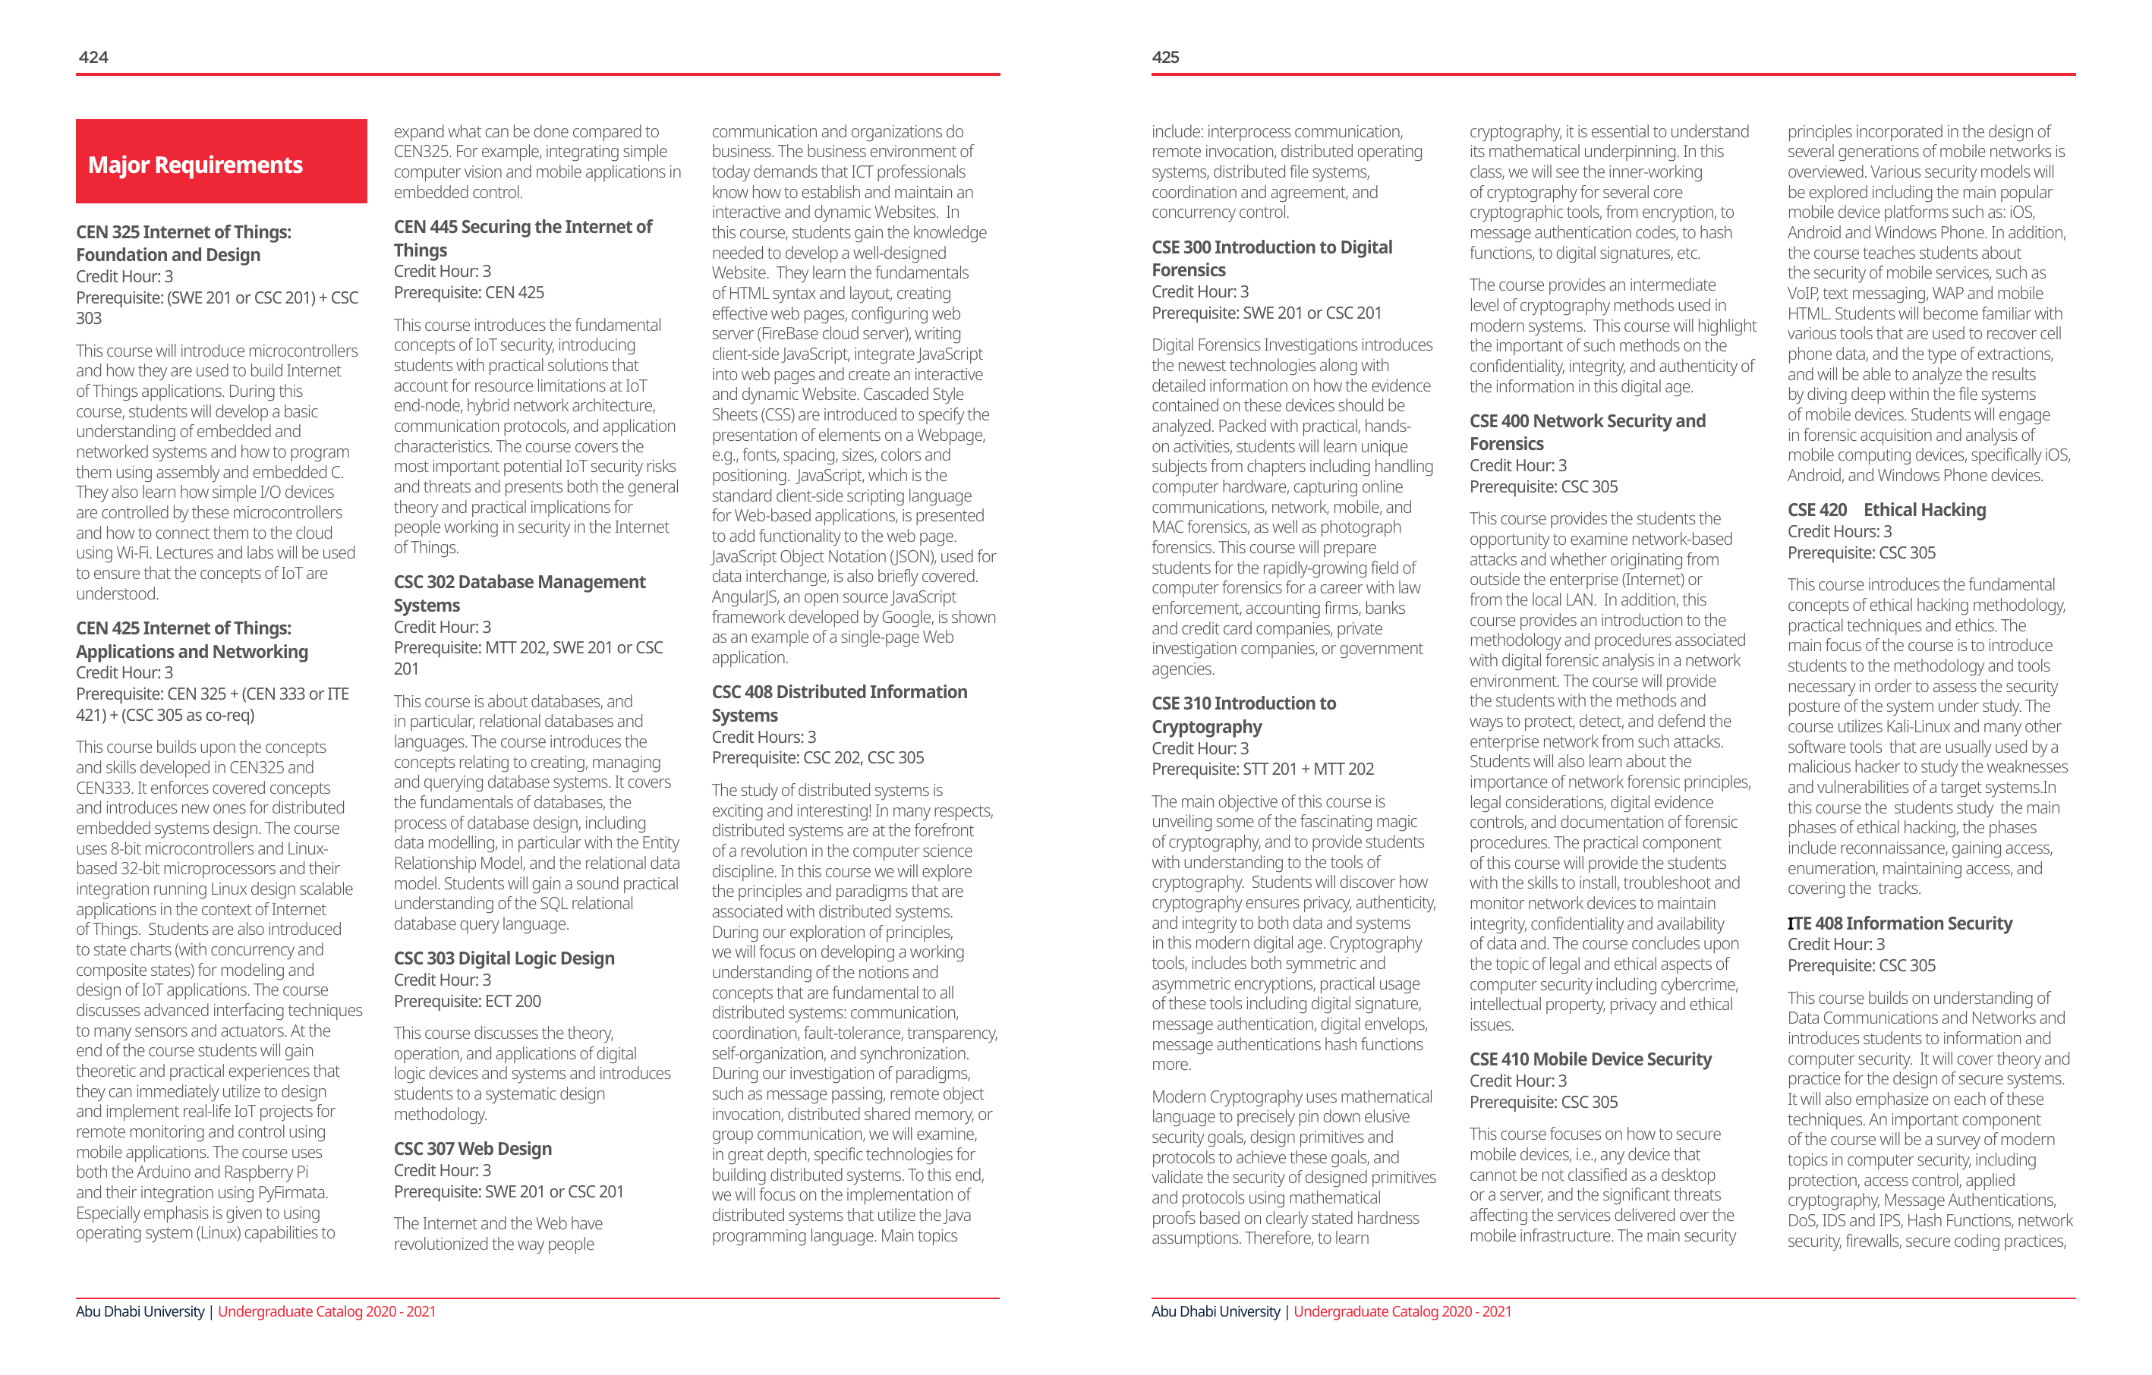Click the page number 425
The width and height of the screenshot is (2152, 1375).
1165,57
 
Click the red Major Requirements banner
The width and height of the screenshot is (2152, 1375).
221,162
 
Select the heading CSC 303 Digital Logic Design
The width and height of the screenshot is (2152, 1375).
504,958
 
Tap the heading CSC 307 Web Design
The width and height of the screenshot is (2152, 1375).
473,1149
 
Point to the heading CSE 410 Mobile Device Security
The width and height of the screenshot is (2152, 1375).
1590,1059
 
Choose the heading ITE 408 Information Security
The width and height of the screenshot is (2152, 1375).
1899,923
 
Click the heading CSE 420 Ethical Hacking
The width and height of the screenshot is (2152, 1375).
1886,510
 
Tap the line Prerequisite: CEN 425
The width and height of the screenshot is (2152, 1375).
468,293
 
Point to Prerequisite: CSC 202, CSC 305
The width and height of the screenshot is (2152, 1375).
818,757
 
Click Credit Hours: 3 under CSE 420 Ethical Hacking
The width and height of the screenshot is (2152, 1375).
1839,532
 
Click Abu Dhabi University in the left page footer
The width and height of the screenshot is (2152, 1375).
140,1311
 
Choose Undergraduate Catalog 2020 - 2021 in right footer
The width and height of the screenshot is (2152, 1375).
1402,1311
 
